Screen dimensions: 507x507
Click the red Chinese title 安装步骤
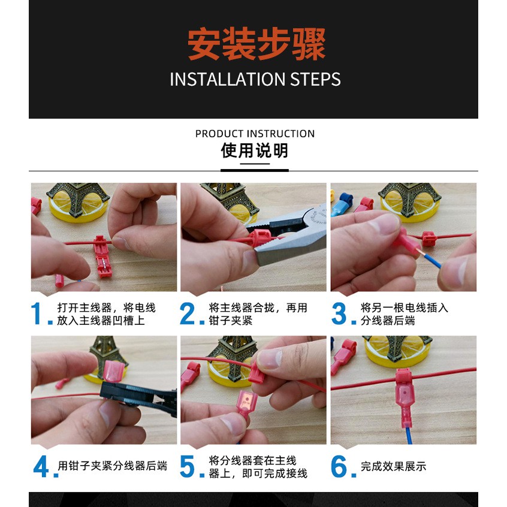[256, 44]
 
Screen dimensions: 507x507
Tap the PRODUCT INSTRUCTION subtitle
[255, 134]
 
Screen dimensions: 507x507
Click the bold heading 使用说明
[255, 150]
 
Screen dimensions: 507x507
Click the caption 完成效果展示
[393, 466]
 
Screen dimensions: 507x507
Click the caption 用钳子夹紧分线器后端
[112, 466]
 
